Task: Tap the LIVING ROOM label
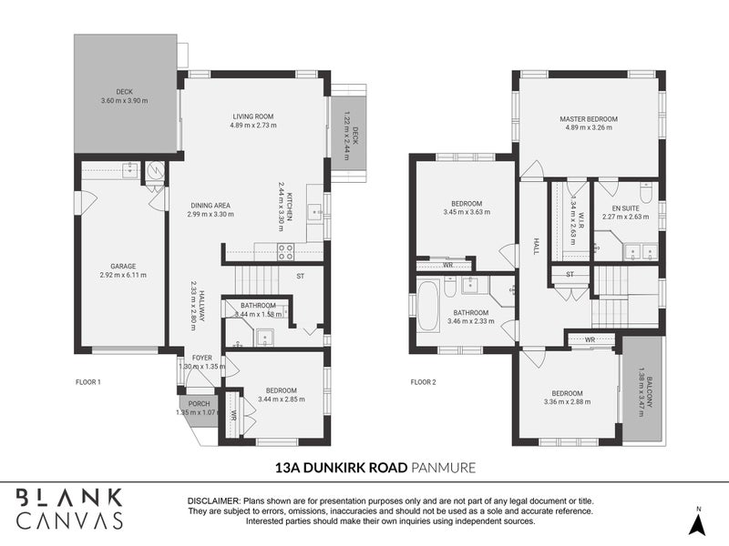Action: (x=252, y=116)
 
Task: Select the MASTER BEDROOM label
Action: (x=588, y=119)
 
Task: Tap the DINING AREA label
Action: (x=210, y=205)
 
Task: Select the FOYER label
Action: (x=200, y=357)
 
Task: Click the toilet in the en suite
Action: (x=646, y=193)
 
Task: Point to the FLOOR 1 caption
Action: (x=87, y=382)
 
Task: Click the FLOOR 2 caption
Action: (x=424, y=382)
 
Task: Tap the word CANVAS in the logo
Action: (x=70, y=521)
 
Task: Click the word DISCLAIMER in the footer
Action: (x=212, y=500)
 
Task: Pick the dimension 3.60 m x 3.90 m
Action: (x=125, y=101)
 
